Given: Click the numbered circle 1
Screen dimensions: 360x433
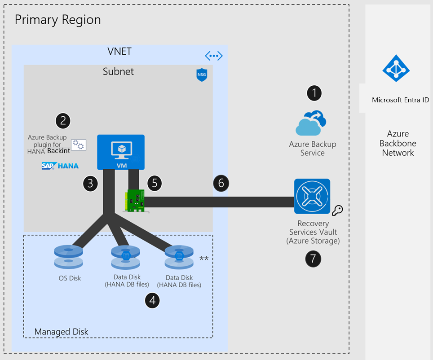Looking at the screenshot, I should click(x=314, y=93).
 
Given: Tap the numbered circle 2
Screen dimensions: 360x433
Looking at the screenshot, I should click(x=63, y=120).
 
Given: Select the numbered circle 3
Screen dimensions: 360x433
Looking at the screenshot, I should click(x=90, y=183).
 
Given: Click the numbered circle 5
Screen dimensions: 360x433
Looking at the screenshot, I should click(x=154, y=183).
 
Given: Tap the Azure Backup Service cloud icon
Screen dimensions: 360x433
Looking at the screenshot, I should click(x=311, y=123).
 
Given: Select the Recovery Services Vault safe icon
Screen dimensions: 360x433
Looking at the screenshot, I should click(x=312, y=196).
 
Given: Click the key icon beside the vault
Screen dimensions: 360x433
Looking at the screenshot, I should click(x=337, y=210).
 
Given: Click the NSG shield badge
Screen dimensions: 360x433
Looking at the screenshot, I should click(x=202, y=75).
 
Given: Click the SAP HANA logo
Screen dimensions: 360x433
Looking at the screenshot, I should click(x=60, y=166).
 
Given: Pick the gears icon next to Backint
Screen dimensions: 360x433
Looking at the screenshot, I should click(x=78, y=144).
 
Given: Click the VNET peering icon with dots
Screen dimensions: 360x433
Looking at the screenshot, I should click(x=213, y=56).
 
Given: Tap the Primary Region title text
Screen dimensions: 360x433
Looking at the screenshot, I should click(x=57, y=20).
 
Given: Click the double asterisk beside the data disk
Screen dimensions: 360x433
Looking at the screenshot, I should click(x=204, y=258).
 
